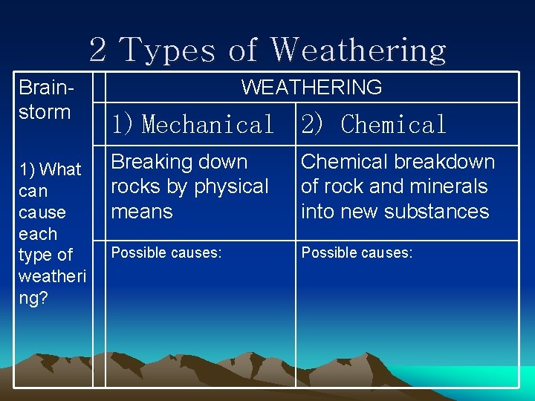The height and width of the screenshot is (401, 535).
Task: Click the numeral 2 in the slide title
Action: pyautogui.click(x=97, y=50)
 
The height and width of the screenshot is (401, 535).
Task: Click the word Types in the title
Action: pyautogui.click(x=169, y=50)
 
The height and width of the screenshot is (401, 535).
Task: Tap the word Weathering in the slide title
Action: pyautogui.click(x=358, y=50)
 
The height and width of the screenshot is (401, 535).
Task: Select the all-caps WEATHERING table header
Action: pyautogui.click(x=311, y=88)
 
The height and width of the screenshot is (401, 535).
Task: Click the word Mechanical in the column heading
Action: pyautogui.click(x=208, y=125)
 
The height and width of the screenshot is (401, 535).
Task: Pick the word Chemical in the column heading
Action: pyautogui.click(x=393, y=125)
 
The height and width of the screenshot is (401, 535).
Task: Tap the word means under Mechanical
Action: pyautogui.click(x=141, y=211)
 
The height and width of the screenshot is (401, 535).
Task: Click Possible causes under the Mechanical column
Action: pyautogui.click(x=166, y=253)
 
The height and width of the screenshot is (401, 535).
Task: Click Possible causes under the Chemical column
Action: pyautogui.click(x=357, y=253)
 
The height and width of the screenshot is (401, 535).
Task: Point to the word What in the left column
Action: pyautogui.click(x=61, y=169)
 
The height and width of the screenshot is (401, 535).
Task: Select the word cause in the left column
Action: pyautogui.click(x=43, y=212)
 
